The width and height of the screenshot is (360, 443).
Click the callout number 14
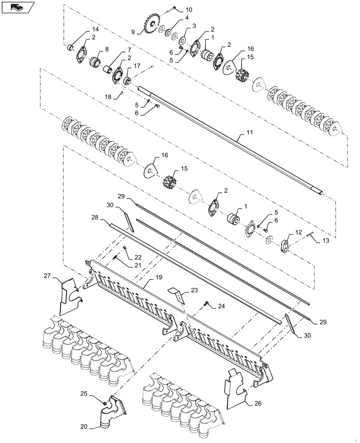95,29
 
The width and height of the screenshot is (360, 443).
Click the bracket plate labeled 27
68,295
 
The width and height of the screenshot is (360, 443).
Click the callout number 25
84,393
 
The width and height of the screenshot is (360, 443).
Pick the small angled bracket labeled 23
176,294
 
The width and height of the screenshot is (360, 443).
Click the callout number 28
94,218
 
